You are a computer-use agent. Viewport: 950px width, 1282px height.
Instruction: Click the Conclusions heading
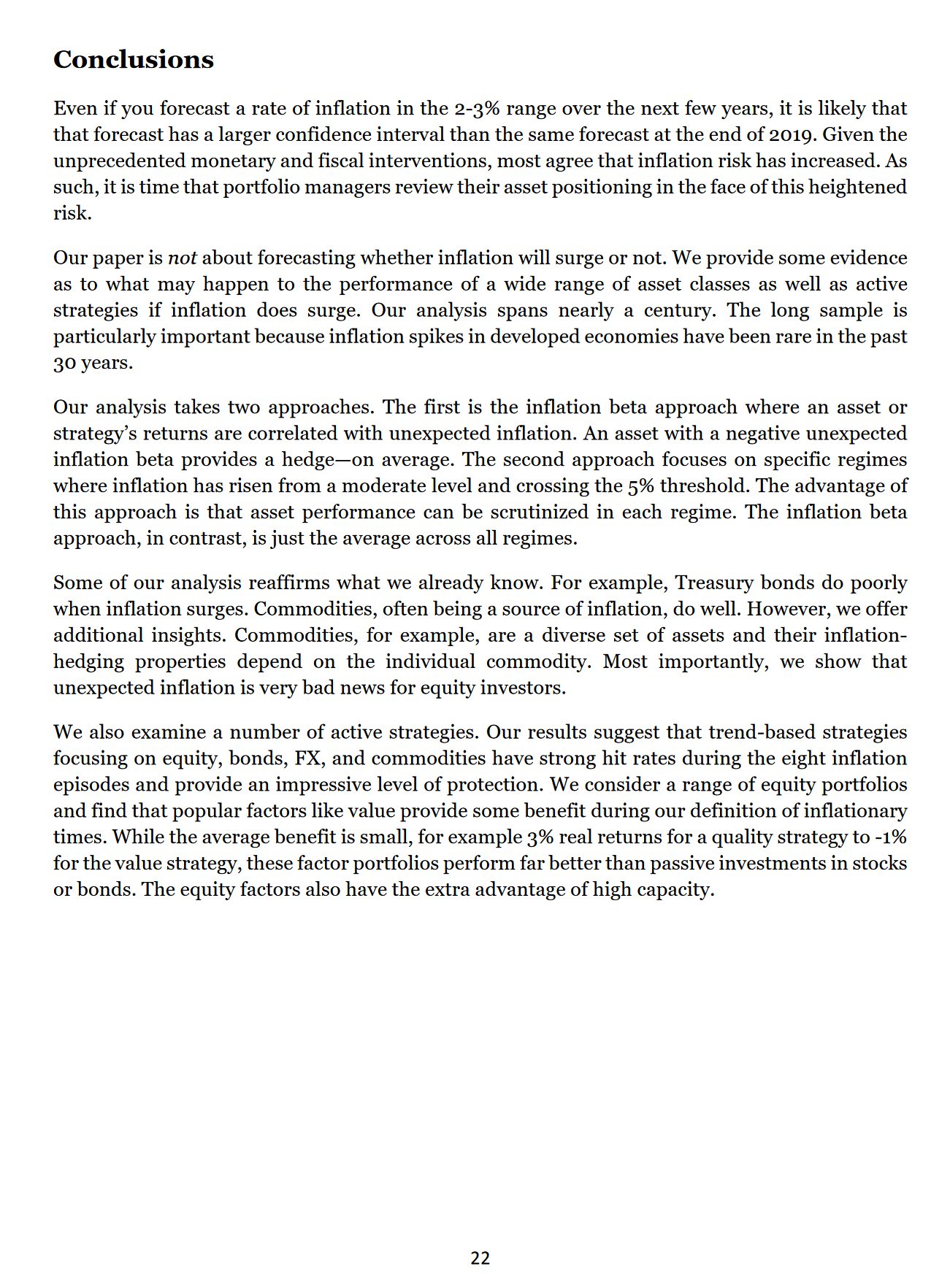134,60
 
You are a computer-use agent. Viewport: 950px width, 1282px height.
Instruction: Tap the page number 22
480,1258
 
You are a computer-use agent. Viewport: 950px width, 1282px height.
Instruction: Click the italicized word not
183,258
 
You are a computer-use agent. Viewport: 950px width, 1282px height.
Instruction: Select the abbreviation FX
309,759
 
